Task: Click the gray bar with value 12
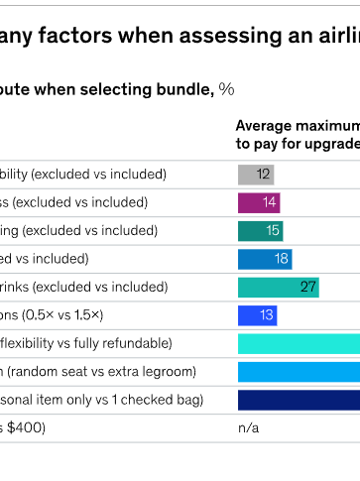[255, 175]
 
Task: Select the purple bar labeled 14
[259, 202]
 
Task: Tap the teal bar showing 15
[260, 231]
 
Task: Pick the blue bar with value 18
[265, 259]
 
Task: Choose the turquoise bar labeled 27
[278, 288]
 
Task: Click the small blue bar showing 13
[257, 315]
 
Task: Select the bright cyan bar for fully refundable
[299, 344]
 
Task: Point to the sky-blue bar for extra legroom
[299, 372]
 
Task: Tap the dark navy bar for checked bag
[299, 401]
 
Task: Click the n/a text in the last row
[248, 428]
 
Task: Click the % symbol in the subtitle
[227, 89]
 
